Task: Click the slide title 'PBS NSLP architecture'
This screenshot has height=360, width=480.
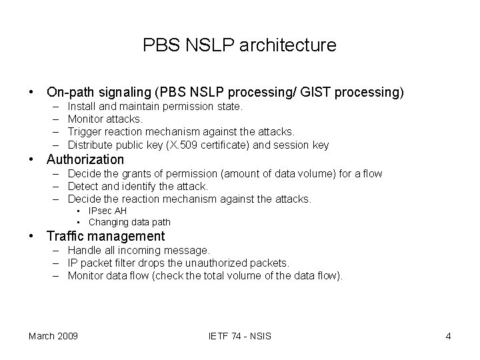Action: point(239,45)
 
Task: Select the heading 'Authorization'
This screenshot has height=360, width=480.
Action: point(85,159)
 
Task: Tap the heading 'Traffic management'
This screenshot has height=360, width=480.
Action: point(105,236)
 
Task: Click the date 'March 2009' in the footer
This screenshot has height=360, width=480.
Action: point(53,335)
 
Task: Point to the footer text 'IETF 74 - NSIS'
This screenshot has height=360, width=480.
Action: point(240,335)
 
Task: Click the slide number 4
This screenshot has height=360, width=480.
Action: point(448,335)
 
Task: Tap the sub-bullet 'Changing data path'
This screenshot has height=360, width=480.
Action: point(129,222)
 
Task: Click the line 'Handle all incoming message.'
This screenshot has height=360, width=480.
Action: point(139,251)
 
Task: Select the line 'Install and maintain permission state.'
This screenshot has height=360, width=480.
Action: point(155,106)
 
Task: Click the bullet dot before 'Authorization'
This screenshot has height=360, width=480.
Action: point(31,160)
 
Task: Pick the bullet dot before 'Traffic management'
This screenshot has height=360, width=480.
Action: point(31,237)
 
